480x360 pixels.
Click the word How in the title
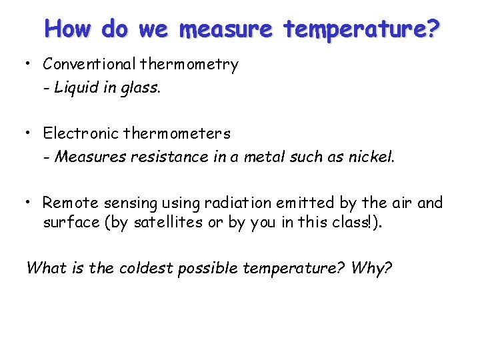coord(68,29)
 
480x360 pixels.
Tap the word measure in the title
coord(227,30)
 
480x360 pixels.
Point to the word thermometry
coord(189,65)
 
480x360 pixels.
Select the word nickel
coord(372,157)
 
